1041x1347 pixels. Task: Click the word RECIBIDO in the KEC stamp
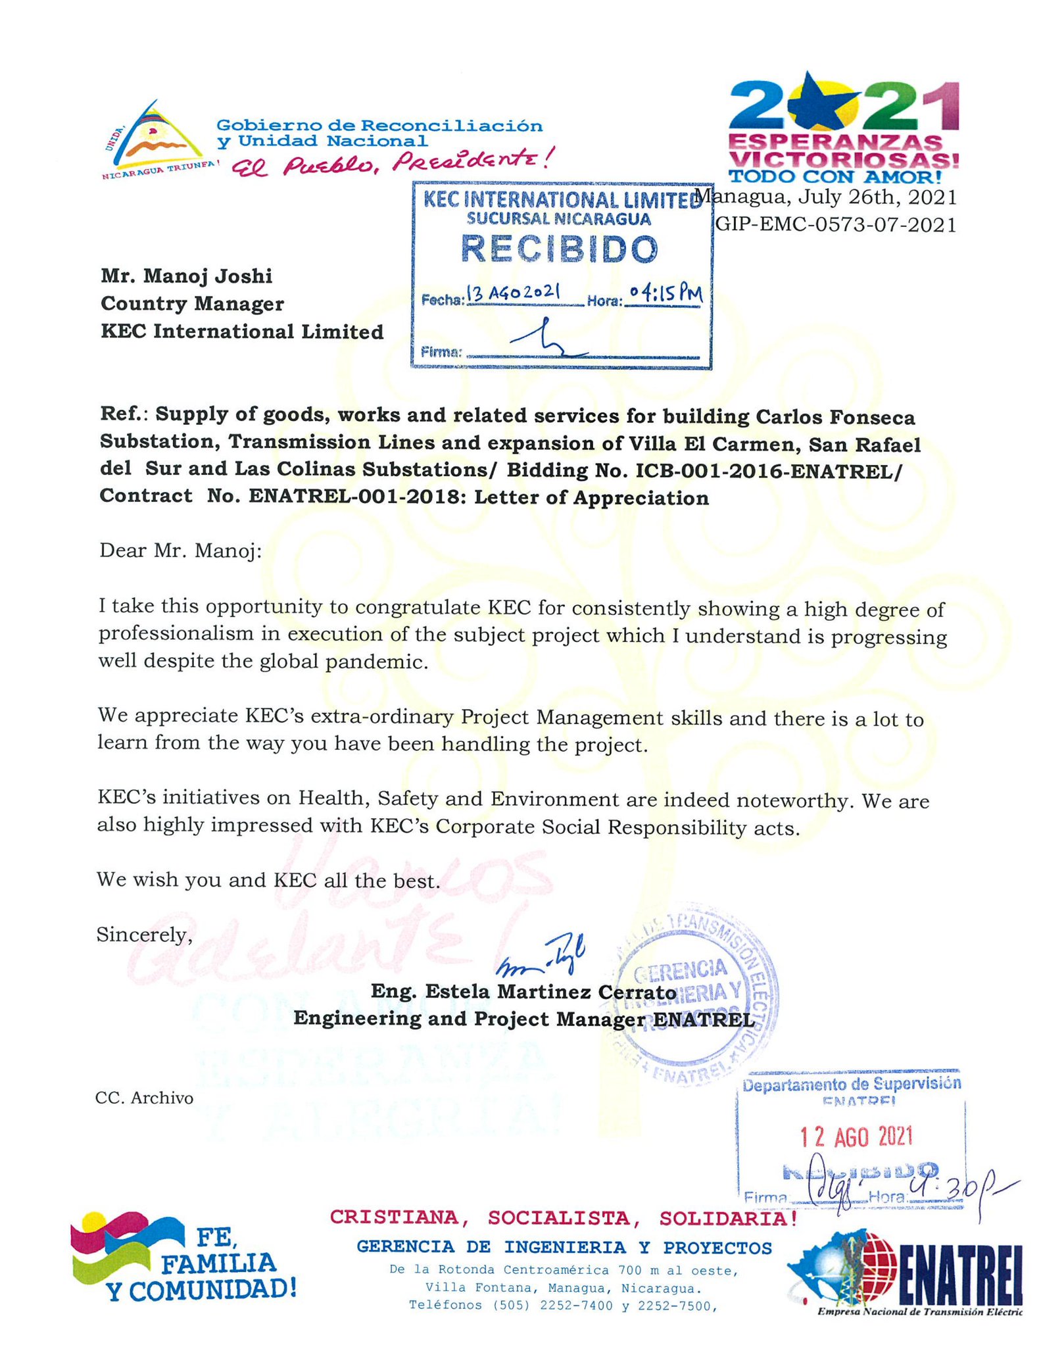[559, 249]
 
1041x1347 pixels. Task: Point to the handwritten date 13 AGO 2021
[514, 293]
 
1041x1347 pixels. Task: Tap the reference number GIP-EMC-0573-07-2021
[835, 225]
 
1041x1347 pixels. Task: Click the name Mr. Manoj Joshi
[186, 276]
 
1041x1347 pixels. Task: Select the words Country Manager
[192, 303]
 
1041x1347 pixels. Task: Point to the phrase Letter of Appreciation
[591, 498]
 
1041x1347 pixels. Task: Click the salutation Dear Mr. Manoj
[180, 551]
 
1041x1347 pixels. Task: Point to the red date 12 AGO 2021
[856, 1137]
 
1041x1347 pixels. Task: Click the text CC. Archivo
[145, 1098]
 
